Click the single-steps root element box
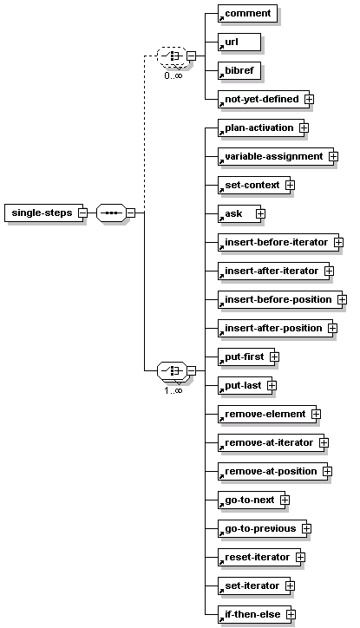coord(43,213)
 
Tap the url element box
coord(239,42)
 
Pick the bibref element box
coord(240,70)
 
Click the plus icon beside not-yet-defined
coord(309,100)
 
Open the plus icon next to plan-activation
coord(304,128)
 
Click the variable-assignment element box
coord(276,157)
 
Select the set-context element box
coord(254,185)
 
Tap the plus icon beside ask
coord(260,214)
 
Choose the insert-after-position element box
coord(276,328)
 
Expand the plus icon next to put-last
coord(272,385)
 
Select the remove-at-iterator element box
coord(272,442)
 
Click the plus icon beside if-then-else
coord(291,614)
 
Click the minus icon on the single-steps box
coord(82,213)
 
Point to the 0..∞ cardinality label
coord(173,75)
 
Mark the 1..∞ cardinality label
coord(173,390)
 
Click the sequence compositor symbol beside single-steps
coord(111,213)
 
